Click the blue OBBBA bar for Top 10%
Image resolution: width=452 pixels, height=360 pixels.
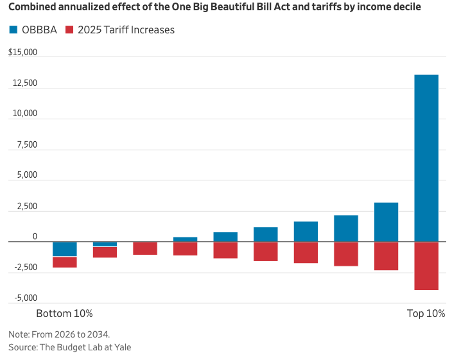click(x=426, y=158)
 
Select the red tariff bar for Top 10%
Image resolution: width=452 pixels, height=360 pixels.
click(x=426, y=266)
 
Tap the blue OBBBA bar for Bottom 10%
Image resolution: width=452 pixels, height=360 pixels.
click(x=64, y=249)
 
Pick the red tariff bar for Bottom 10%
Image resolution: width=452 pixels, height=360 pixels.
click(x=64, y=262)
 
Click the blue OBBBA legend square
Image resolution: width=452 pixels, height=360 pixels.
click(x=13, y=30)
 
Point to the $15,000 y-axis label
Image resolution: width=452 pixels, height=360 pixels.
click(x=22, y=53)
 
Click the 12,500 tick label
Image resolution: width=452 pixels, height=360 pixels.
click(x=24, y=83)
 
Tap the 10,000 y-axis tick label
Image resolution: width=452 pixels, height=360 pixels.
click(x=24, y=114)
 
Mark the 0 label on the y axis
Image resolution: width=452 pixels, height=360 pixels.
click(x=35, y=236)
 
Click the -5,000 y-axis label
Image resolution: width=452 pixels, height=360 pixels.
click(x=23, y=298)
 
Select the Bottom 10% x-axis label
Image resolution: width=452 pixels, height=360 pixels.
click(x=64, y=314)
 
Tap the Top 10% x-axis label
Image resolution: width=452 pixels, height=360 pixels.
click(x=426, y=314)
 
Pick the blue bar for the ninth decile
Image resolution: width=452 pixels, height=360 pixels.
click(x=386, y=222)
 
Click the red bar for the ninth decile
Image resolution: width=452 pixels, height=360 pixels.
click(x=386, y=256)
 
